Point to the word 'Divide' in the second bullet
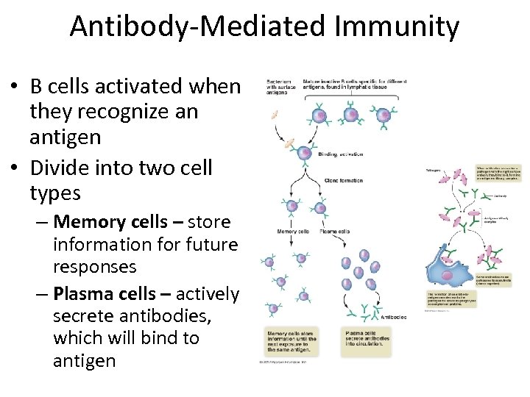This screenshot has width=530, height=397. [x=62, y=167]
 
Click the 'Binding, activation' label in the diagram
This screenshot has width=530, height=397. [x=342, y=154]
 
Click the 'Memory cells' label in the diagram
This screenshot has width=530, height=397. [x=291, y=232]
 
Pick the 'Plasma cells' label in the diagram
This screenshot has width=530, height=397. [x=334, y=232]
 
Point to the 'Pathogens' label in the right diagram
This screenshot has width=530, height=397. [x=434, y=170]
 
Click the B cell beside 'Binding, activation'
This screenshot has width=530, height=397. [x=303, y=151]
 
